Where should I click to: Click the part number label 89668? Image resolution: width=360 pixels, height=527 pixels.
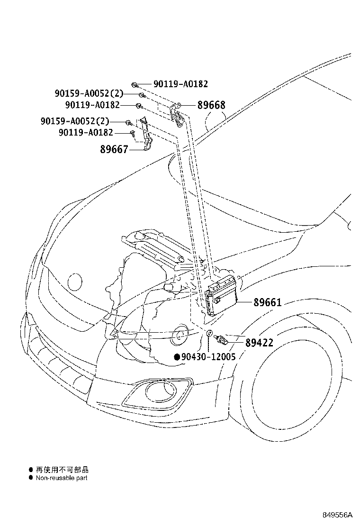coord(211,105)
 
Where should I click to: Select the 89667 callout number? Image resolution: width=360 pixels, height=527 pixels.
coord(114,150)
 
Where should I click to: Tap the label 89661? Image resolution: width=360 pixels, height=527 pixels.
coord(267,302)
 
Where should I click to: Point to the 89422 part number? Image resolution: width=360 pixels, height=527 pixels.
coord(259,342)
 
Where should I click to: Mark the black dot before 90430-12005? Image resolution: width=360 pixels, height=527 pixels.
coord(177,357)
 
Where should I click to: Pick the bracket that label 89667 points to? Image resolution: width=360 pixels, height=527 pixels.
coord(147,135)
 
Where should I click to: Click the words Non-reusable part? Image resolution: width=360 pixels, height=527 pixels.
coord(62,478)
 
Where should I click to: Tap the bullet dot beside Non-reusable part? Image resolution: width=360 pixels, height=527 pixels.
coord(31,478)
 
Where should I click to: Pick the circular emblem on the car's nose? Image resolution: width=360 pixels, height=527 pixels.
coord(74,281)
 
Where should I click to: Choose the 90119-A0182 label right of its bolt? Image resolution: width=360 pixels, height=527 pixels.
coord(180,84)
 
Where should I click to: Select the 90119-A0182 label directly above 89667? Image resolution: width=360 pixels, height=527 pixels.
coord(86,133)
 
